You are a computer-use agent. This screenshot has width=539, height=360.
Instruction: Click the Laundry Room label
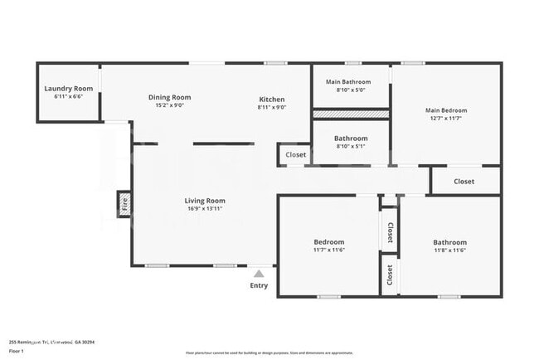click(69, 89)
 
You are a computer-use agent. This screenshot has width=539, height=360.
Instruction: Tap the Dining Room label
click(169, 97)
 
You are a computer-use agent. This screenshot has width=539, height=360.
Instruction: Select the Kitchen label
click(271, 100)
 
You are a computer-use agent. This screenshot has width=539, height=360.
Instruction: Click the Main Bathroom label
click(347, 82)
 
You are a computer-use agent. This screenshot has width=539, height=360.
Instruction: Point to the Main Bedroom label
click(446, 110)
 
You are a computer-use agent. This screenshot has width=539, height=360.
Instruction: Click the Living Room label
click(204, 201)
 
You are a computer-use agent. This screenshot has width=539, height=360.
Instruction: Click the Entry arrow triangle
click(260, 273)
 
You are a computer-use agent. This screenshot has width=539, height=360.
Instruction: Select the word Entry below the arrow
click(260, 286)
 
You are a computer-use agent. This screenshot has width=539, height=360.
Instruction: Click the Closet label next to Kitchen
click(296, 154)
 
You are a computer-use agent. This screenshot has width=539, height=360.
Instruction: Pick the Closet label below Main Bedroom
click(464, 181)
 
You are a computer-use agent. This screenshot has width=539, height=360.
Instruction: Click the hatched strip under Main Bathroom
click(351, 113)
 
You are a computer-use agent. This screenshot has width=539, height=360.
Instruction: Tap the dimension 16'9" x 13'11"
click(204, 209)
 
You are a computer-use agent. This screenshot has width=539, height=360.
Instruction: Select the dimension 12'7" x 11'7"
click(446, 119)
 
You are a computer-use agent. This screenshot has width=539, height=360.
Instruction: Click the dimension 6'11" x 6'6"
click(69, 96)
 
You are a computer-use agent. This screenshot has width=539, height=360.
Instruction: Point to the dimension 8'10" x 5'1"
click(351, 146)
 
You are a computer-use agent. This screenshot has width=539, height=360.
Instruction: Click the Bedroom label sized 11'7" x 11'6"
click(329, 242)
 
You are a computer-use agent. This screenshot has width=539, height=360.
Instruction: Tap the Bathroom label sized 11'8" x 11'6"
click(450, 242)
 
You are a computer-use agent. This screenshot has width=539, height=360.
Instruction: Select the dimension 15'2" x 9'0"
click(169, 105)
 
